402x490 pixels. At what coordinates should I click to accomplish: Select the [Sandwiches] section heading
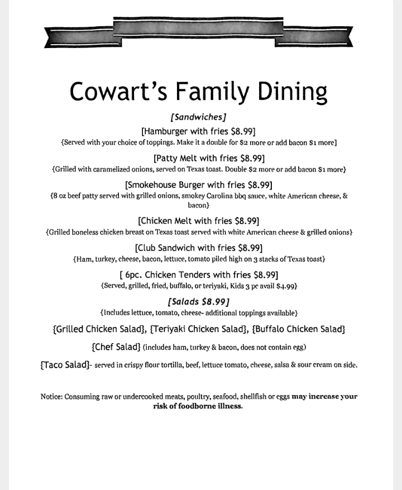point(198,117)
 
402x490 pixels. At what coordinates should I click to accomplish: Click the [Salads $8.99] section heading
point(198,302)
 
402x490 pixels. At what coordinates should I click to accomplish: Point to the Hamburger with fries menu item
point(198,131)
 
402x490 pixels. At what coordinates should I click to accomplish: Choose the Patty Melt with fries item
point(209,158)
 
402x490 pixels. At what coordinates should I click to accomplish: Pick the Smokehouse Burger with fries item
point(198,185)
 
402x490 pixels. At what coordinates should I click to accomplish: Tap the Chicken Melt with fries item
point(198,221)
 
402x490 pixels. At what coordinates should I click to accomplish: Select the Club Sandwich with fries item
point(198,248)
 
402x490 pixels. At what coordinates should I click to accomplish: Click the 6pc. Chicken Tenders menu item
point(199,274)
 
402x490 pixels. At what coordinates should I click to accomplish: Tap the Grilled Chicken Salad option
point(99,329)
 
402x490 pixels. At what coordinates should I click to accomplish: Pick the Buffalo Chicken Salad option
point(298,329)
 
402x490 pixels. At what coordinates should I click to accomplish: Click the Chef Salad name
point(116,347)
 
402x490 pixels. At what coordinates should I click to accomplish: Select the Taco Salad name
point(65,365)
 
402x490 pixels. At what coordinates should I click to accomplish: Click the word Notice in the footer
point(51,397)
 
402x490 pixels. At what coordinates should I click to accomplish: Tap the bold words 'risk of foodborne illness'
point(198,406)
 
